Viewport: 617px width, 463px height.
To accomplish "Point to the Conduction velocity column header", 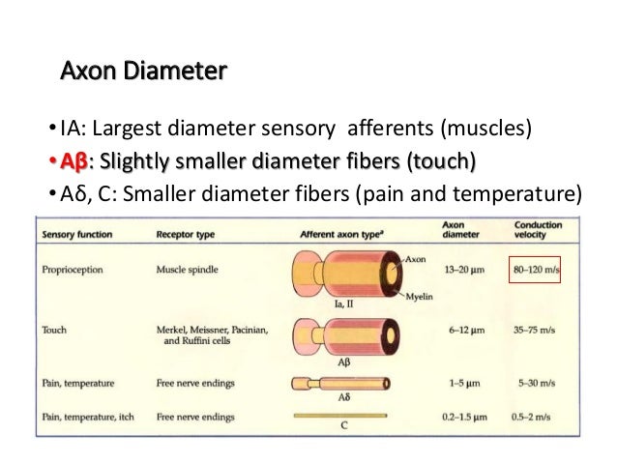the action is click(539, 229).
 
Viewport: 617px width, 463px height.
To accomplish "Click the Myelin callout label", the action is click(419, 296).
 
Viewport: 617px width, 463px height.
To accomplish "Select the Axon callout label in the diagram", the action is click(415, 259).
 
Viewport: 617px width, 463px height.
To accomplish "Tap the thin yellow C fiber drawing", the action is click(344, 416).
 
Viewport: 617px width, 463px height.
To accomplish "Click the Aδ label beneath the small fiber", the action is click(345, 398).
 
